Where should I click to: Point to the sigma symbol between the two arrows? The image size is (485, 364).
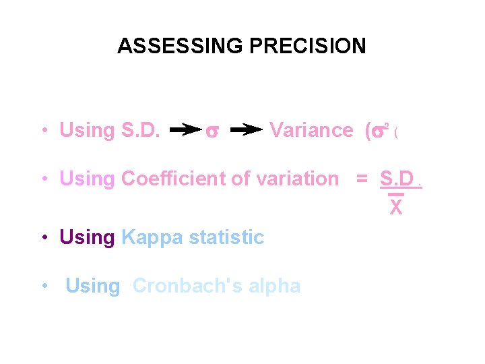pos(211,131)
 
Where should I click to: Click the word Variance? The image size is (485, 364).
pos(311,129)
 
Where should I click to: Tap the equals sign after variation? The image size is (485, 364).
pos(362,179)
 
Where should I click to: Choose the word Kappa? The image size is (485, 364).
pos(152,237)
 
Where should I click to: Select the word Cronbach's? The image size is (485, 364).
pos(188,286)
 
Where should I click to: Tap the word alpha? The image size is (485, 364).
pos(275,286)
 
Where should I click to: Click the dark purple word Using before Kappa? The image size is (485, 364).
pos(88,237)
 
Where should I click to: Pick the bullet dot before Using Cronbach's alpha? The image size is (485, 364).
pos(44,286)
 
